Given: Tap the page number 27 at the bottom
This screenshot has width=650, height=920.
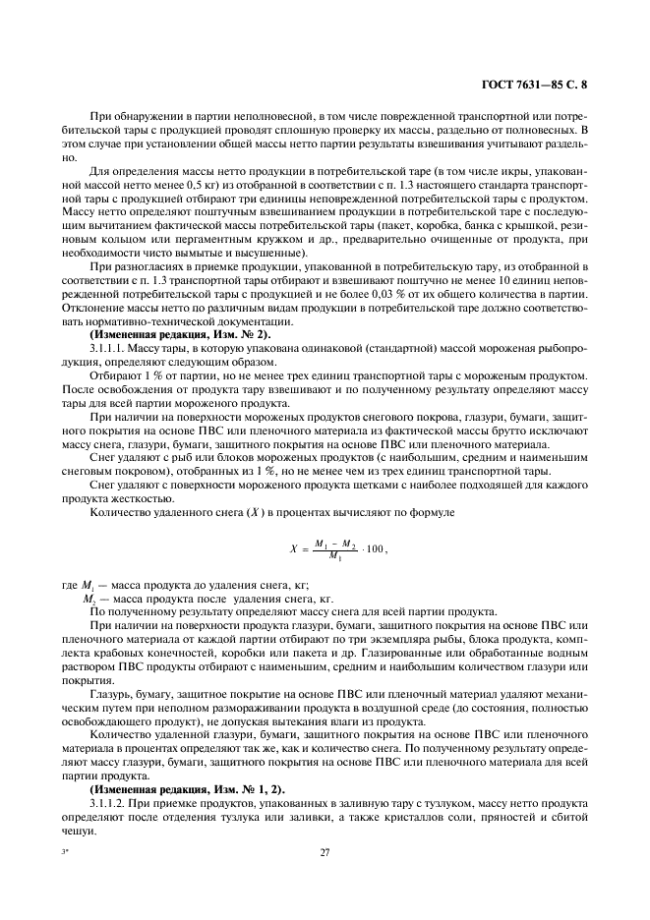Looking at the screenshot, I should tap(324, 853).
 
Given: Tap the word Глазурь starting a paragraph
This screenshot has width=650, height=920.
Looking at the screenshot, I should tap(112, 693).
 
